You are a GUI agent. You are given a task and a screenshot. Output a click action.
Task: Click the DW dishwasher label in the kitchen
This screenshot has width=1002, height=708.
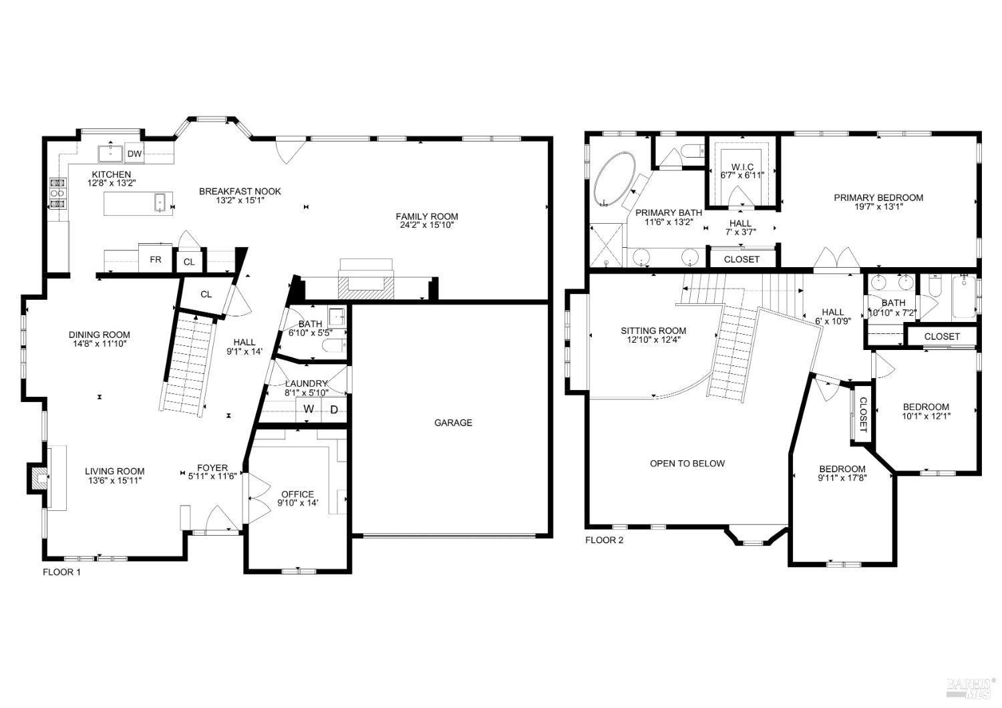[x=134, y=154]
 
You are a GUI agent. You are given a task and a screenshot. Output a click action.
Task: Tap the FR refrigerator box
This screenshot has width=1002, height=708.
[x=155, y=260]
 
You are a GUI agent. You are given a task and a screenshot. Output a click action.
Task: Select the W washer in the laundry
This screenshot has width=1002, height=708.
[x=309, y=409]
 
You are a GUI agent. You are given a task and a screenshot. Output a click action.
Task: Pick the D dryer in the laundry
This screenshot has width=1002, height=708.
[x=334, y=409]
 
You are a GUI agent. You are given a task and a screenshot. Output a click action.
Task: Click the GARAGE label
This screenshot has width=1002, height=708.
[x=453, y=422]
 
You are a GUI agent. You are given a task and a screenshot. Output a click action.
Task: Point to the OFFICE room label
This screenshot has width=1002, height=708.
[x=297, y=494]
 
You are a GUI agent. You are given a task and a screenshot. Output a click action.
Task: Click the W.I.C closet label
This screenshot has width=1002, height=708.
[x=741, y=166]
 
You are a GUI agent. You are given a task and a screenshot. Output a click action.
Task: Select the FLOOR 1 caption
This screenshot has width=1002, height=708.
[x=61, y=572]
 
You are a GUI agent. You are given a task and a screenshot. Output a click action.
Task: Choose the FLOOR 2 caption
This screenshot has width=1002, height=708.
[x=604, y=540]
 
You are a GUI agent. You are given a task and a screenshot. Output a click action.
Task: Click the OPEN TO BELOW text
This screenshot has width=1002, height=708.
[x=687, y=463]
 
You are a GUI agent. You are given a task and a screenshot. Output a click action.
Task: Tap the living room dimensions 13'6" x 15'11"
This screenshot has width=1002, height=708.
[x=114, y=480]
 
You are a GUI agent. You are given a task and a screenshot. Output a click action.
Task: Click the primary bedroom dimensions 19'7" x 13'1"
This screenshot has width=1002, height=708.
[x=878, y=206]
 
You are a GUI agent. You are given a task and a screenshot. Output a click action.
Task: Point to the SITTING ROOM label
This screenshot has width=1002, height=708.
[x=653, y=331]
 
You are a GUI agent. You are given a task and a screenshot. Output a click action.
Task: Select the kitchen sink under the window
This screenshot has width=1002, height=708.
[x=109, y=154]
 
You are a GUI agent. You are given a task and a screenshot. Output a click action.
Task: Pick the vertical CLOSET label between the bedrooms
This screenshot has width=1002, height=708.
[x=862, y=414]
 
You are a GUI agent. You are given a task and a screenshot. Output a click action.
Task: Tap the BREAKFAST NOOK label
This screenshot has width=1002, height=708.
[x=240, y=191]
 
